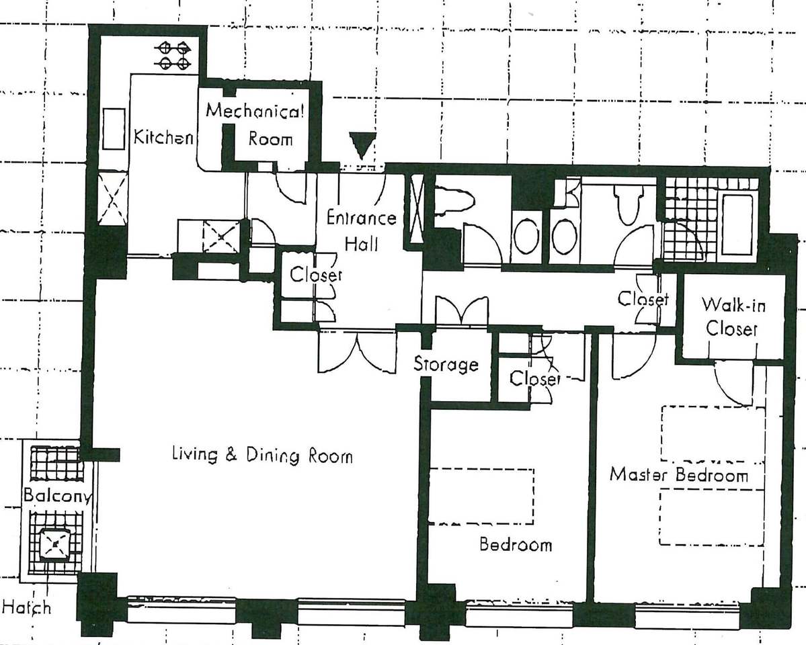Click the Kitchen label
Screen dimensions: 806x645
[163, 137]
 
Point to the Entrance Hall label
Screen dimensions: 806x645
[362, 230]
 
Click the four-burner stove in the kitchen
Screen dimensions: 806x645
[174, 56]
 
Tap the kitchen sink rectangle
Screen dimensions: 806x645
[114, 128]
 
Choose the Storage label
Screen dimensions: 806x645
[446, 364]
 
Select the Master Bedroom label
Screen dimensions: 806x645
[678, 474]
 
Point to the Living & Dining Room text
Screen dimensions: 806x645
[262, 456]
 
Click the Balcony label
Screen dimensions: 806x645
[57, 495]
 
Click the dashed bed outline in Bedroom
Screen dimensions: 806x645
[481, 497]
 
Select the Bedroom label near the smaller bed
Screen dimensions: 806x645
[516, 544]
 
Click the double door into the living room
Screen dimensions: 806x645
[358, 351]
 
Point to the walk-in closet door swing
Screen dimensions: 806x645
[733, 382]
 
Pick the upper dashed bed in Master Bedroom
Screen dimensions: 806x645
[713, 434]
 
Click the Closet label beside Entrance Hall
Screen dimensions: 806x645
[316, 274]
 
